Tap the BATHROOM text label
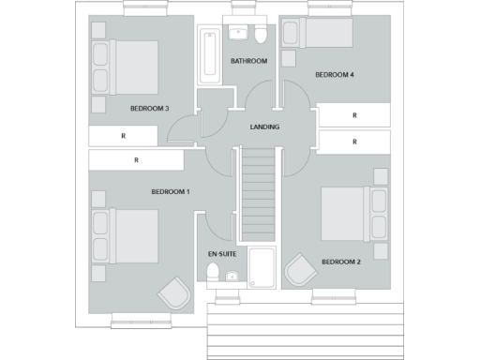(x=249, y=61)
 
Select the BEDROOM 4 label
(x=334, y=74)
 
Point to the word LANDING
(x=264, y=127)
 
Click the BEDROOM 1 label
(x=171, y=192)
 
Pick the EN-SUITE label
(x=221, y=254)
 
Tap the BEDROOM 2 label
(x=341, y=262)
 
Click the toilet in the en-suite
(x=213, y=273)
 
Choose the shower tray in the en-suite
(x=262, y=266)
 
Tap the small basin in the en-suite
(x=231, y=276)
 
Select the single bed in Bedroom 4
(x=324, y=36)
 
